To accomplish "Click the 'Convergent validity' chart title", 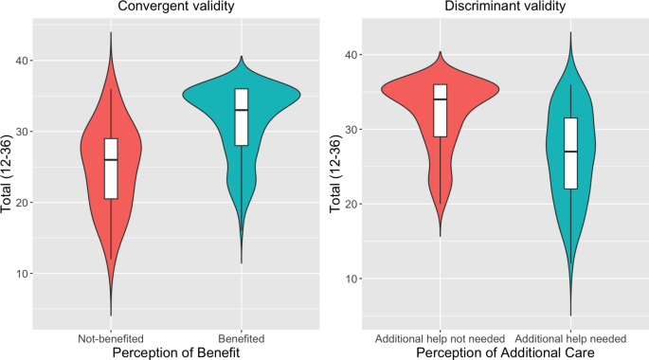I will coord(176,8).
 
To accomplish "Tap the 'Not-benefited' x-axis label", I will coord(111,338).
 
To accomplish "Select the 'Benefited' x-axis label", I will coord(242,338).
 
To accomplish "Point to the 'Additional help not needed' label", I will coord(439,338).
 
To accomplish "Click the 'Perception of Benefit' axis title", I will coord(176,352).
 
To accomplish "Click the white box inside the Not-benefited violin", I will coord(111,169).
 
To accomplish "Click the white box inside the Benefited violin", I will coord(242,117).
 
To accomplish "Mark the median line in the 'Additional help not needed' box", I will coord(439,99).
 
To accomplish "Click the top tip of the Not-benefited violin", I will coord(111,33).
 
